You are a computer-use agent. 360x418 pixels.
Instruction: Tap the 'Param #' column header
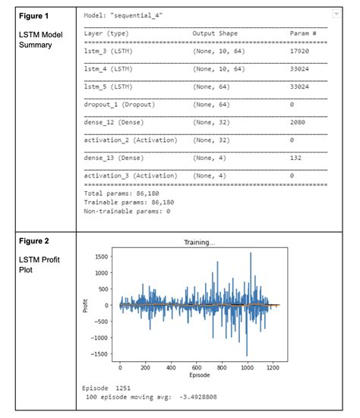point(304,33)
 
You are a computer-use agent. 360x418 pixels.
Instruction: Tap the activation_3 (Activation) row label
point(130,175)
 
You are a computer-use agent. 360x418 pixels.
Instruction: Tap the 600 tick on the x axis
point(196,368)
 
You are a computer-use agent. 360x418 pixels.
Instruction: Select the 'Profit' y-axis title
point(86,306)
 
